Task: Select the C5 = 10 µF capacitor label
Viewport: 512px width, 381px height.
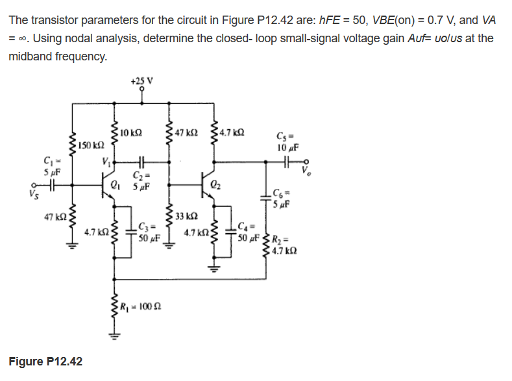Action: click(286, 142)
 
